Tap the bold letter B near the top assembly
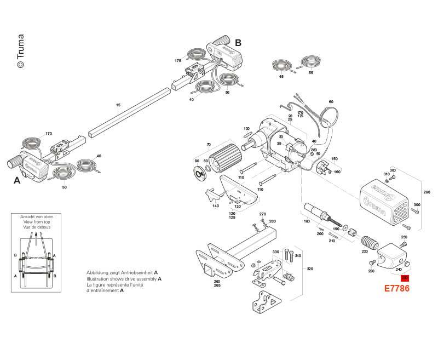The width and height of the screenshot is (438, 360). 238,42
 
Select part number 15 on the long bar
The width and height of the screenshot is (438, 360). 118,105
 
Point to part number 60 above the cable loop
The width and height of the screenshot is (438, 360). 331,102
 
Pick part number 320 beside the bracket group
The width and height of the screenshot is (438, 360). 310,269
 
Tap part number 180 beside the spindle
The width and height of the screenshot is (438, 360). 307,221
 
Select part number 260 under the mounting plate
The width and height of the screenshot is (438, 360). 201,281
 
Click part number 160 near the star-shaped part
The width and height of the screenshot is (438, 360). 337,172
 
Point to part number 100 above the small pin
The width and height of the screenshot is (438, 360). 246,129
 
